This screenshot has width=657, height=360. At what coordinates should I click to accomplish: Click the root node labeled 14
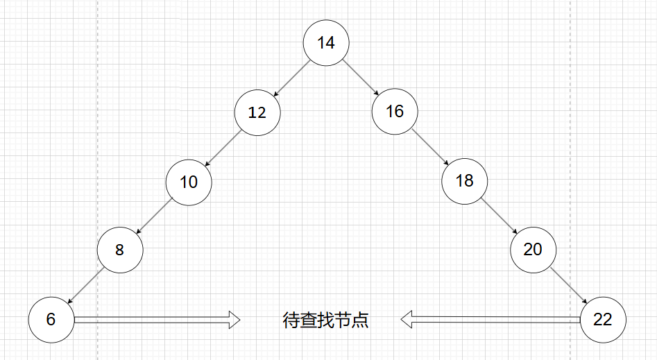tap(325, 42)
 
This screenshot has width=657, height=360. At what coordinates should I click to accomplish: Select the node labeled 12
tap(257, 112)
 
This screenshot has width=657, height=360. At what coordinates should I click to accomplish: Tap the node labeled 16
tap(394, 111)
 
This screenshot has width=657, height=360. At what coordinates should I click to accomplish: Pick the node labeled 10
tap(188, 182)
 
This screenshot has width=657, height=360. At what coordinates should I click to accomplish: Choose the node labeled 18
tap(464, 180)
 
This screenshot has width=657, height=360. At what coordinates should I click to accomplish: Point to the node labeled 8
tap(119, 250)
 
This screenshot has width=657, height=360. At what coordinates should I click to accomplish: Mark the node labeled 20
tap(532, 248)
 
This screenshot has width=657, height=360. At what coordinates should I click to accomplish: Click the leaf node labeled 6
tap(51, 319)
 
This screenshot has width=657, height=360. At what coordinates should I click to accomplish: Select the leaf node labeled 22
tap(602, 319)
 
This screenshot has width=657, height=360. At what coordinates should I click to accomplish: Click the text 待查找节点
tap(325, 320)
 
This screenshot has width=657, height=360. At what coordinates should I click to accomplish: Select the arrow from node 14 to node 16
tap(360, 77)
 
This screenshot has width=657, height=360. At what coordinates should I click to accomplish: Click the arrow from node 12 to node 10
tap(223, 147)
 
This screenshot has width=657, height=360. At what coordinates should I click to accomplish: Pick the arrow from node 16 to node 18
tap(429, 146)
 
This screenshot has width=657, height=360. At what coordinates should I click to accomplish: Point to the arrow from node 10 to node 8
tap(154, 216)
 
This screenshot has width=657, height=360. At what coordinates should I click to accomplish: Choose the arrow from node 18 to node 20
tap(498, 215)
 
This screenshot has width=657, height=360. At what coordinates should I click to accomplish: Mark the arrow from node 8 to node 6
tap(85, 285)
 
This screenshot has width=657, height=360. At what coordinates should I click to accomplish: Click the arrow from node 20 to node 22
tap(568, 284)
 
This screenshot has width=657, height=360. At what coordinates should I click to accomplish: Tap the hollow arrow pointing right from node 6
tap(157, 320)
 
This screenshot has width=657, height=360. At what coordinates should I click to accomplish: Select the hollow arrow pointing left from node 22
tap(490, 320)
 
